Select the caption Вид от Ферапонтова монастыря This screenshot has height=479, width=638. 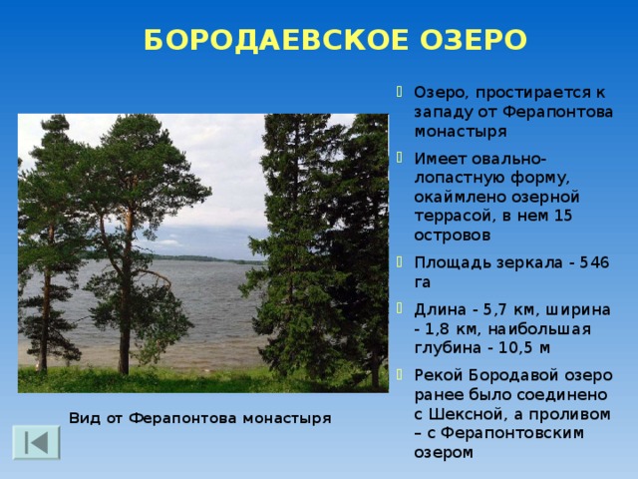tap(199, 417)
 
